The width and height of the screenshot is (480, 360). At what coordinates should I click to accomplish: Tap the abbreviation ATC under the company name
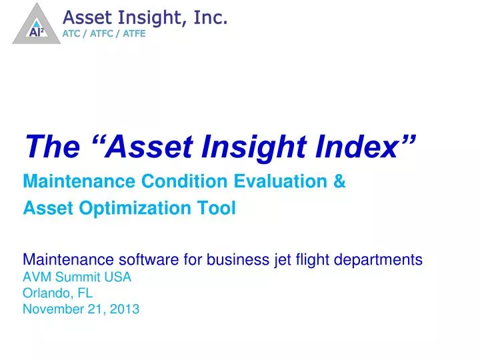click(x=72, y=35)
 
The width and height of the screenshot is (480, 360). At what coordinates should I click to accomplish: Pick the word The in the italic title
click(x=48, y=146)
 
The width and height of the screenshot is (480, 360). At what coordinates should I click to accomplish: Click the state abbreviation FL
click(x=85, y=293)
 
